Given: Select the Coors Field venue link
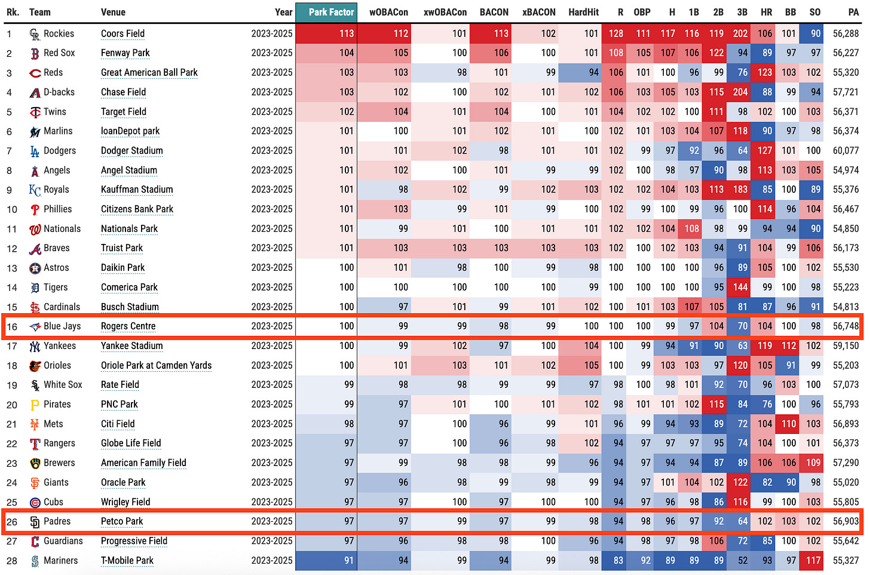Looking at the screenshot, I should [122, 33].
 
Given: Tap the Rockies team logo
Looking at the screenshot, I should [35, 34].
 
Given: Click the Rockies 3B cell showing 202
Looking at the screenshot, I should [740, 33].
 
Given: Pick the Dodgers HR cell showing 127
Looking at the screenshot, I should [764, 151].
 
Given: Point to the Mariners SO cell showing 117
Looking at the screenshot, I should [813, 561].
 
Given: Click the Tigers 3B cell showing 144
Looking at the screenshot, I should [740, 287].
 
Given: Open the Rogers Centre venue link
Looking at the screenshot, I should [128, 326].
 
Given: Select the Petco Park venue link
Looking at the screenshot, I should [122, 521].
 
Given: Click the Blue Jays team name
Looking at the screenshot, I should [62, 326].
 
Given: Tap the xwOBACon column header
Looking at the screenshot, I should [445, 12].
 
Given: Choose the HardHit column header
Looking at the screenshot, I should [583, 12].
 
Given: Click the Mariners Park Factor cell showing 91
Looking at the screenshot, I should [326, 561].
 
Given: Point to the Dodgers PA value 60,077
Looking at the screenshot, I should [846, 151].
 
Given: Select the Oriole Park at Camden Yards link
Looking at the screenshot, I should [156, 365].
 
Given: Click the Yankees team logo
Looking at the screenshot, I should [35, 346].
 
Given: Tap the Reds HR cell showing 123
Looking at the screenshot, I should [764, 72].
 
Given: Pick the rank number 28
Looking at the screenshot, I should [12, 561].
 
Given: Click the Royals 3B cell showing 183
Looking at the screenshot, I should [740, 189].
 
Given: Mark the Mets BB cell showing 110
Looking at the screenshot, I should [789, 424].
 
